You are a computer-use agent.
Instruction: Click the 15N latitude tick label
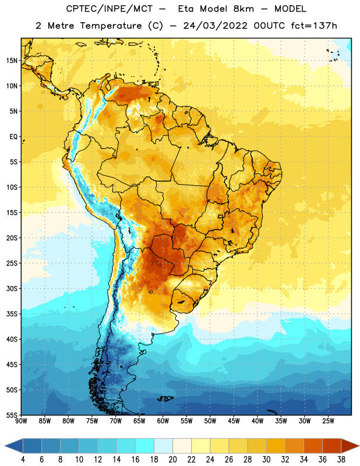(12, 61)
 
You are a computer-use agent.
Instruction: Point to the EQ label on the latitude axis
(13, 137)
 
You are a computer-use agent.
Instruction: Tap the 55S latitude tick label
(12, 415)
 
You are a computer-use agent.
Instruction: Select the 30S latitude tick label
(12, 288)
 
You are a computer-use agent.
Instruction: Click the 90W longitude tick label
(21, 421)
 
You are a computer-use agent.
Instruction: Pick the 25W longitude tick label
(328, 421)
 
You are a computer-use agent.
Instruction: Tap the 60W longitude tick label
(163, 421)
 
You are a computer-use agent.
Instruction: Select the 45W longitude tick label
(234, 421)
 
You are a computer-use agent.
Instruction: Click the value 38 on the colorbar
(341, 460)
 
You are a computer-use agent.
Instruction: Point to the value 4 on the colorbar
(23, 460)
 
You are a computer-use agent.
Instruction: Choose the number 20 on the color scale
(172, 460)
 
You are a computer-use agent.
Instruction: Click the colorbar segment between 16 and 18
(145, 446)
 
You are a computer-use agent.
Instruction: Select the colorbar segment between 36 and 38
(332, 446)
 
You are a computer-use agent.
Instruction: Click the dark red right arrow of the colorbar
(350, 446)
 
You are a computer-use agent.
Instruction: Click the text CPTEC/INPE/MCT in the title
(109, 9)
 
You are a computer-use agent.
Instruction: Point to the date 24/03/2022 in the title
(215, 26)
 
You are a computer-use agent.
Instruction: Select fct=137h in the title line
(313, 26)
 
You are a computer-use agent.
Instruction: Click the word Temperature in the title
(111, 26)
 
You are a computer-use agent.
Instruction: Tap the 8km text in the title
(243, 9)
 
